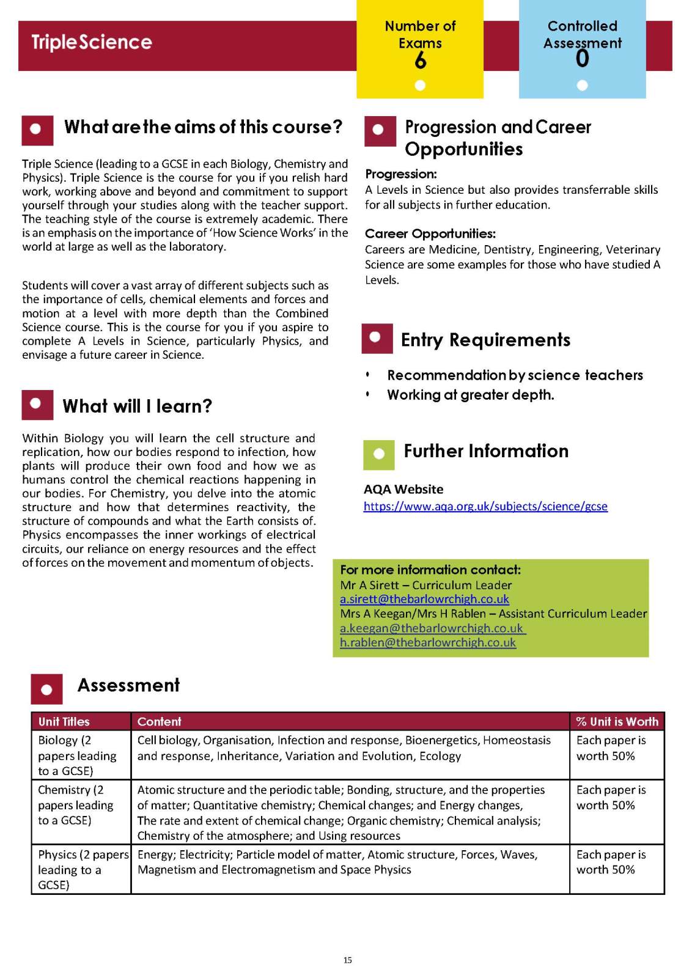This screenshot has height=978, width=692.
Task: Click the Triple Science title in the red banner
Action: (x=92, y=42)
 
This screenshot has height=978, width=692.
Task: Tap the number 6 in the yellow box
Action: (x=420, y=61)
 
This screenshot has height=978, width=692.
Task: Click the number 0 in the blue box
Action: (x=582, y=59)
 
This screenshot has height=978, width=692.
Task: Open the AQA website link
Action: (x=485, y=506)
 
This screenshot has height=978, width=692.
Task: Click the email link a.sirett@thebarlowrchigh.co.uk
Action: (x=424, y=599)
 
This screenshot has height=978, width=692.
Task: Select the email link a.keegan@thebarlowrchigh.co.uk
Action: (x=432, y=628)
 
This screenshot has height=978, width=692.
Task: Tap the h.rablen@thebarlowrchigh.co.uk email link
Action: (x=428, y=642)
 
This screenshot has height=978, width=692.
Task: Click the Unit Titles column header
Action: (x=64, y=721)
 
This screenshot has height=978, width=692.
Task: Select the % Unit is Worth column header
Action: (x=617, y=721)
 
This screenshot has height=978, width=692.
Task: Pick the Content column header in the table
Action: (x=160, y=721)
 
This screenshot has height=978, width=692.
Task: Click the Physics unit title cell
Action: (x=81, y=869)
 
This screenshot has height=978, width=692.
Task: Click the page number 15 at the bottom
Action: (x=347, y=960)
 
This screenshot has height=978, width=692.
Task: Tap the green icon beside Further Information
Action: (x=378, y=454)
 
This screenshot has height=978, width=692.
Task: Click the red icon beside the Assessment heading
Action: (x=46, y=689)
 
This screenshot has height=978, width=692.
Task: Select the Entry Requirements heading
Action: (x=485, y=340)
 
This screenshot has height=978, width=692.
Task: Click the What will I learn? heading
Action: (x=137, y=406)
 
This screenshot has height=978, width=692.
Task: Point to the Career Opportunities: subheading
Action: (x=430, y=233)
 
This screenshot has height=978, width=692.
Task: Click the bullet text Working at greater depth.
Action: (x=471, y=395)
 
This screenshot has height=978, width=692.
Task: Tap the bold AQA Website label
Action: (x=403, y=489)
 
